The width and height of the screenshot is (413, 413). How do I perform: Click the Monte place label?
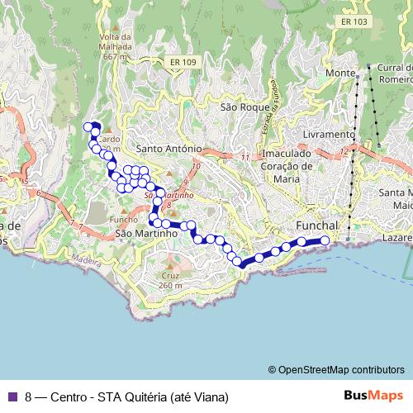[x=339, y=74]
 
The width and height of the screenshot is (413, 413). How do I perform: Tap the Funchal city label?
[x=317, y=225]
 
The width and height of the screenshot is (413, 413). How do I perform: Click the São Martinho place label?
[x=147, y=234]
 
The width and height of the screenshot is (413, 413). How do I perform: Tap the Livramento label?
[x=329, y=134]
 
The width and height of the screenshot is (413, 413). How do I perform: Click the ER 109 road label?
[x=186, y=63]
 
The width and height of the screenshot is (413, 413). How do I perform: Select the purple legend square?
[x=12, y=396]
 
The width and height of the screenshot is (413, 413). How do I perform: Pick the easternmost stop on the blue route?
[x=325, y=240]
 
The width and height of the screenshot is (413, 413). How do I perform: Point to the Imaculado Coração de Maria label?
[x=288, y=165]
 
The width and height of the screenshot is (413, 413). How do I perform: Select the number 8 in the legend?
[x=29, y=396]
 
